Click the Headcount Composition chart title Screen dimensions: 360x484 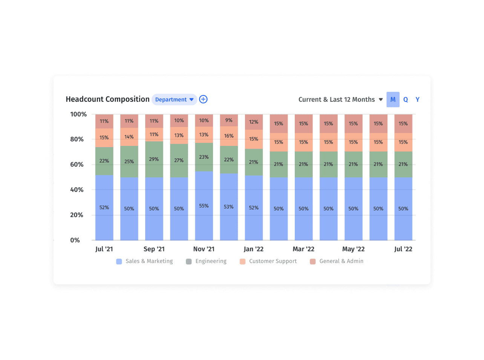pyautogui.click(x=107, y=99)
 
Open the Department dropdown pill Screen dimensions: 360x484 pyautogui.click(x=174, y=100)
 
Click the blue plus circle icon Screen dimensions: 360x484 pyautogui.click(x=203, y=99)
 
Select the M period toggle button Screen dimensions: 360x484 pyautogui.click(x=393, y=100)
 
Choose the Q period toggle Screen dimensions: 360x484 pyautogui.click(x=406, y=100)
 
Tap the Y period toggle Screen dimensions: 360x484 pyautogui.click(x=417, y=100)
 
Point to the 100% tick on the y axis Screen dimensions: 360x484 pyautogui.click(x=78, y=114)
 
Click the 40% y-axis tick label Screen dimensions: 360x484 pyautogui.click(x=77, y=190)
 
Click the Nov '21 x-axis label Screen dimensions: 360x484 pyautogui.click(x=204, y=249)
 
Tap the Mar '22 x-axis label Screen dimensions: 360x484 pyautogui.click(x=303, y=249)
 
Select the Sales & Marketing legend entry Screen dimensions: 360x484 pyautogui.click(x=145, y=261)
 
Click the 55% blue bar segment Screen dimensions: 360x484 pyautogui.click(x=204, y=206)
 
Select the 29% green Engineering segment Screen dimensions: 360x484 pyautogui.click(x=154, y=159)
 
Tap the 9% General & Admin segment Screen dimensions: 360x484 pyautogui.click(x=229, y=120)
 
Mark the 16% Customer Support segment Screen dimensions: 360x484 pyautogui.click(x=229, y=136)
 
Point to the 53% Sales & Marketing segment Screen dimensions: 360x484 pyautogui.click(x=229, y=207)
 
